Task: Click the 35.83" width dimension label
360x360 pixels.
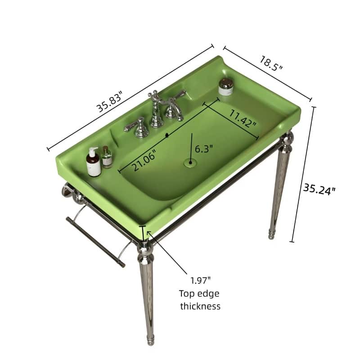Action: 109,99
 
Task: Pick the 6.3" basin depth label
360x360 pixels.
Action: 204,148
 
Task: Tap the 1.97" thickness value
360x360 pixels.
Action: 200,281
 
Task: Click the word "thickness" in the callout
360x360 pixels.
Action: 200,306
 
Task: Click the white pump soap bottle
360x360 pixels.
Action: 94,162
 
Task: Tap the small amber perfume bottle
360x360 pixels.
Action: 107,157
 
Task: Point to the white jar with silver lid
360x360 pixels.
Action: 226,87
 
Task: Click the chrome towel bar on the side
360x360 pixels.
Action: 95,242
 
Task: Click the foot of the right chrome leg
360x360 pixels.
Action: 273,234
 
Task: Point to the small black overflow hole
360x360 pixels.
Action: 167,134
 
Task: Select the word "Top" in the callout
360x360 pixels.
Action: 187,294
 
